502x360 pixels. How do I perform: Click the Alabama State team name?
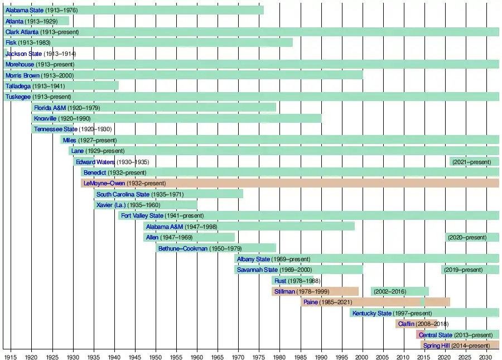24,11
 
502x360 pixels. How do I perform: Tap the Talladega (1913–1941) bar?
61,86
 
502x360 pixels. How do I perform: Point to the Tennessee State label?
55,129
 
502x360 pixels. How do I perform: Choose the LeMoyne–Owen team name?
104,183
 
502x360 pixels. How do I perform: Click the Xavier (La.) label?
112,205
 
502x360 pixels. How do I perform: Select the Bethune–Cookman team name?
183,248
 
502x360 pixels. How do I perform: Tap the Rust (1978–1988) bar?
296,281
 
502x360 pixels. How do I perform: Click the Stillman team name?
284,291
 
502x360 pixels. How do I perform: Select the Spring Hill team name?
437,345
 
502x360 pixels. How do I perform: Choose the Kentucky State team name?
371,313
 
